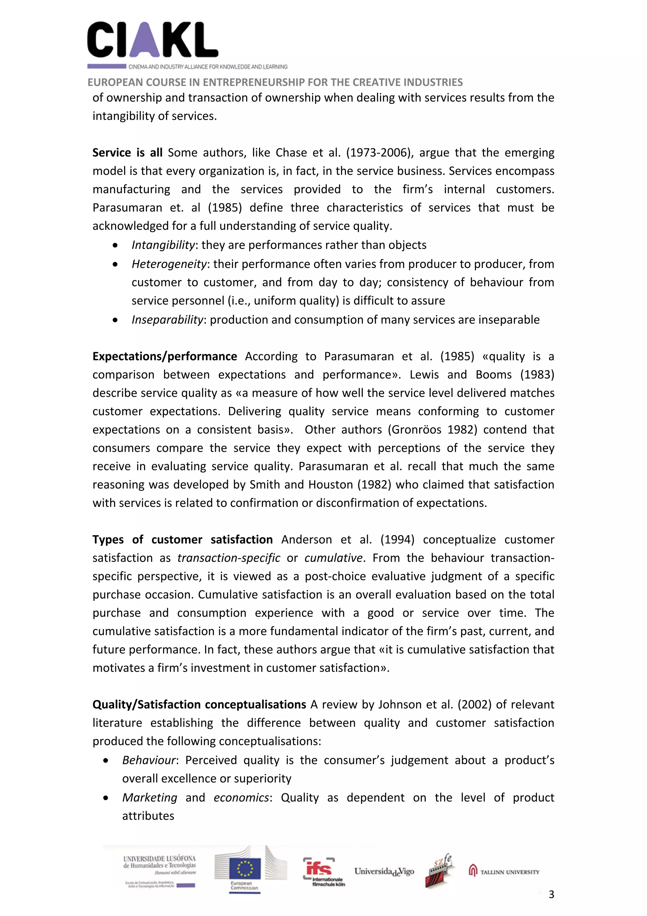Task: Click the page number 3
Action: click(551, 894)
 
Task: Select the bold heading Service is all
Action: click(127, 153)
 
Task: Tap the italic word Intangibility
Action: click(163, 245)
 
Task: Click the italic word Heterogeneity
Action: click(169, 264)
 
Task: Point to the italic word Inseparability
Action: click(167, 320)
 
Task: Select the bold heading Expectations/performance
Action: click(165, 356)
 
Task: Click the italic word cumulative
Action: click(334, 558)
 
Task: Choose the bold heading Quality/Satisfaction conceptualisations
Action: click(199, 704)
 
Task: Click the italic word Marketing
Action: click(149, 797)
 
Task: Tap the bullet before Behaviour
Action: click(106, 761)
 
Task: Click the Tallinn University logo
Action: click(504, 872)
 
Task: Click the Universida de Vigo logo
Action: click(384, 872)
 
